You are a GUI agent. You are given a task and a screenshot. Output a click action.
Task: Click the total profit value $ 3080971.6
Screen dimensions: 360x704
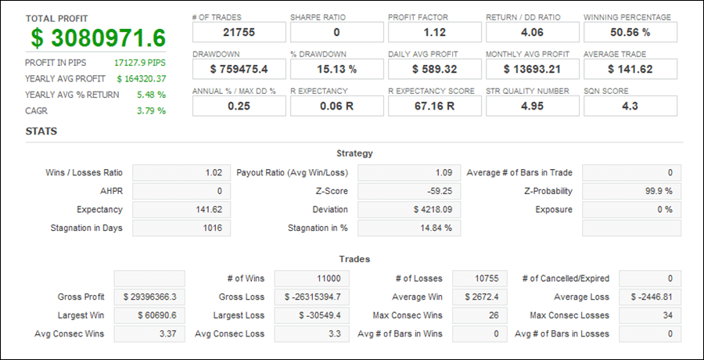click(x=99, y=38)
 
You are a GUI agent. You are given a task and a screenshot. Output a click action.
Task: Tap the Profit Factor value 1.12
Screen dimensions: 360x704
click(x=434, y=32)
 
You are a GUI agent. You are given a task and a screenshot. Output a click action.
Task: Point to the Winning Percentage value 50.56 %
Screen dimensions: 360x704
click(x=630, y=32)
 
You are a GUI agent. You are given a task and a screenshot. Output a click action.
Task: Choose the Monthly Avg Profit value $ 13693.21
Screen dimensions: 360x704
click(x=532, y=69)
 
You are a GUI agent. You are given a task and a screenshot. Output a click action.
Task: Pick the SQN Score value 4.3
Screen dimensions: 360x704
click(x=630, y=106)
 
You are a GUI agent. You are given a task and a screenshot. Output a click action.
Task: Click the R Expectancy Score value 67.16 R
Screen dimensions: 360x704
click(x=434, y=106)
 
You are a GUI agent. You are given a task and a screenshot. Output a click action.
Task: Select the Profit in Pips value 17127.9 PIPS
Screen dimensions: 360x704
click(x=140, y=62)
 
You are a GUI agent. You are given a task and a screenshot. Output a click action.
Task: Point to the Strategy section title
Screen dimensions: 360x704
click(x=354, y=153)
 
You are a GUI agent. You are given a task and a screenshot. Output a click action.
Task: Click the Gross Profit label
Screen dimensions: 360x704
click(x=82, y=297)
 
